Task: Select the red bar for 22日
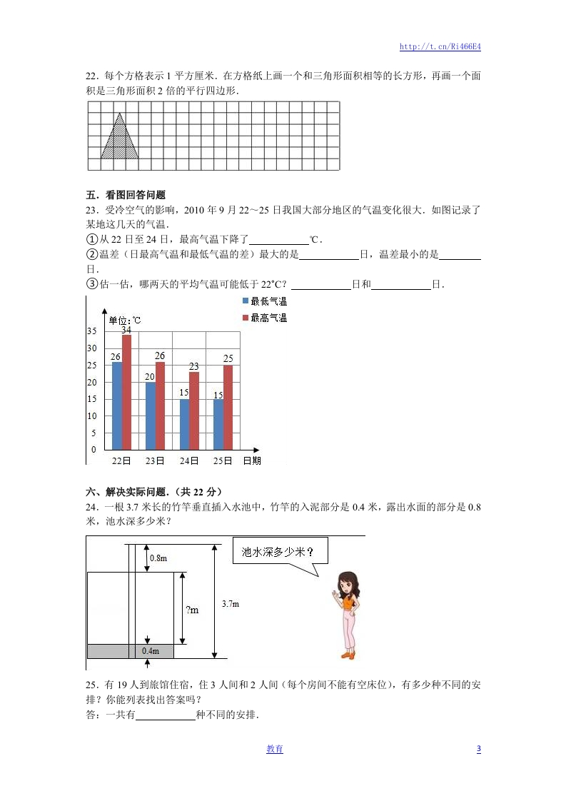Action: [126, 391]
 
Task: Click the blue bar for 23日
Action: [151, 415]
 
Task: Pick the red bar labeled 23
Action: [193, 410]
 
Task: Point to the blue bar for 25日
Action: [218, 424]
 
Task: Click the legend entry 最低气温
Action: [265, 302]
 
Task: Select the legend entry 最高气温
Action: [265, 318]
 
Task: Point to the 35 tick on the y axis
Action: [91, 332]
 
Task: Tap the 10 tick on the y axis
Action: [91, 416]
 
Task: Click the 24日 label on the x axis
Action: [188, 461]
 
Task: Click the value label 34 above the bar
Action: [126, 330]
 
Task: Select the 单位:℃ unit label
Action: [124, 320]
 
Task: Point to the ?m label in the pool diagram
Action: [192, 610]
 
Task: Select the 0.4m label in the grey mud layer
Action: [150, 651]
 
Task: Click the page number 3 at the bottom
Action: [478, 749]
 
